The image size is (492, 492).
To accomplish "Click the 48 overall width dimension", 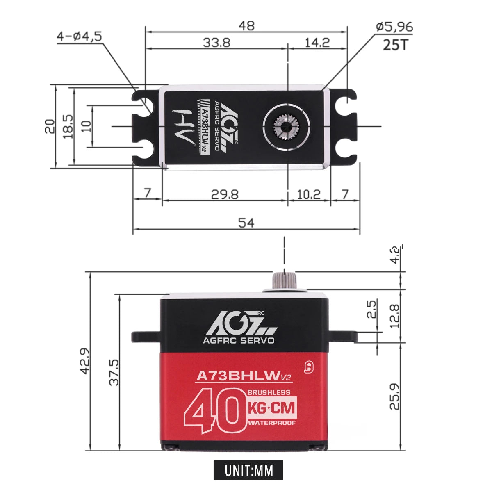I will click(x=247, y=25).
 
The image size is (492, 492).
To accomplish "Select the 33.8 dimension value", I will click(x=216, y=42).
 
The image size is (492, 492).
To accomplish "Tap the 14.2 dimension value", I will click(x=317, y=42).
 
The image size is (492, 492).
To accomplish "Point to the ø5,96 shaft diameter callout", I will click(x=394, y=27).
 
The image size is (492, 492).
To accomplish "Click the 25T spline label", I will click(x=396, y=44).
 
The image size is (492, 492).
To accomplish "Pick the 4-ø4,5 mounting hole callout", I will click(x=79, y=36).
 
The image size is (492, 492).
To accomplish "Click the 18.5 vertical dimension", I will click(x=68, y=126).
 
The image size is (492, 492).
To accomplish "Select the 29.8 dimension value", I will click(x=225, y=194).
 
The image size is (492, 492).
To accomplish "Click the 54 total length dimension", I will click(x=246, y=223).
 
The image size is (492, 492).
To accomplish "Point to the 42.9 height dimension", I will click(x=85, y=361).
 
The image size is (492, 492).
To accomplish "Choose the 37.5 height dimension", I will click(x=114, y=372).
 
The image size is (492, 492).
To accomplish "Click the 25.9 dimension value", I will click(x=394, y=396).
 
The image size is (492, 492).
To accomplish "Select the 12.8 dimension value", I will click(x=394, y=316).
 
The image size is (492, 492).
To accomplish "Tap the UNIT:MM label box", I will click(x=248, y=470).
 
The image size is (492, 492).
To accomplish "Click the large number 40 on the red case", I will click(x=213, y=413).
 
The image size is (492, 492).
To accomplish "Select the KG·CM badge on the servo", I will click(x=271, y=408).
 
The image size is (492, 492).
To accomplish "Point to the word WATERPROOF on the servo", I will click(x=271, y=423).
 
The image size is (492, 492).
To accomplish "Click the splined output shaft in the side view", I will click(x=284, y=280).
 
